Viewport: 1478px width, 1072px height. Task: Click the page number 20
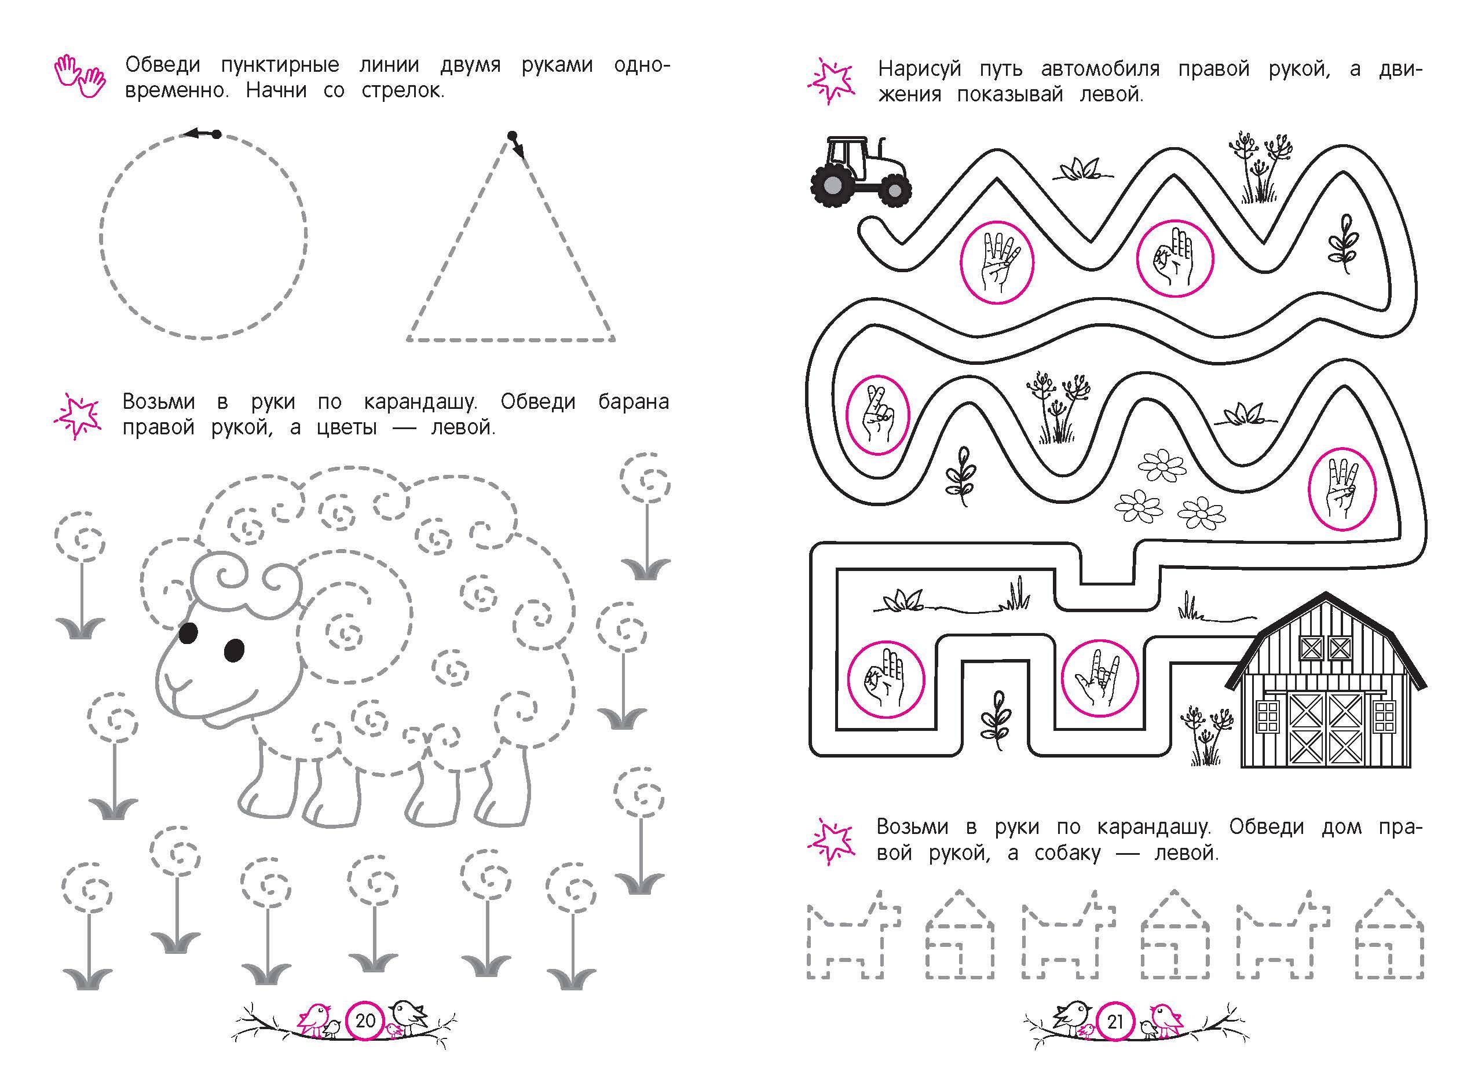[365, 1020]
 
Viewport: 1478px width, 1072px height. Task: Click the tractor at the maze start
[859, 172]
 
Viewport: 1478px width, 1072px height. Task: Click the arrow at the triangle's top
[516, 145]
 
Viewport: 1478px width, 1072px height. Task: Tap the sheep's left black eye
[188, 632]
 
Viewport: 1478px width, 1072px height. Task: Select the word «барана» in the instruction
[634, 401]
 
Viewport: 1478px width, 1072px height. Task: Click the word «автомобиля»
[1100, 68]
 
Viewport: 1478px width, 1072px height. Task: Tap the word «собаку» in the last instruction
[1067, 853]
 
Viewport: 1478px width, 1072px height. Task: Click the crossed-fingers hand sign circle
[878, 414]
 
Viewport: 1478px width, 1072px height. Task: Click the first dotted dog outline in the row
[854, 943]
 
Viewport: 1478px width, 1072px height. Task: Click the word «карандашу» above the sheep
[420, 402]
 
